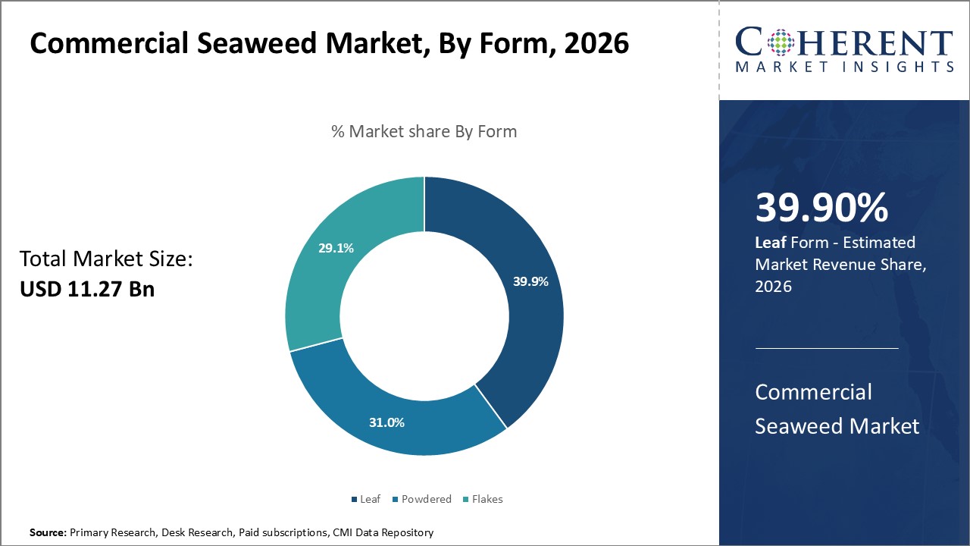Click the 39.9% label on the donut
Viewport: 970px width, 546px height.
530,281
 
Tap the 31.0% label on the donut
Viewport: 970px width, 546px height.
386,422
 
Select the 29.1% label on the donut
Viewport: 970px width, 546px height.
336,248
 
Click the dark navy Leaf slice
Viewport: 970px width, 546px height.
523,326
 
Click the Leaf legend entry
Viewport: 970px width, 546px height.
366,499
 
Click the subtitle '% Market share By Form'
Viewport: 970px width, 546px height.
424,131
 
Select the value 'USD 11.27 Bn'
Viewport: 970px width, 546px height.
87,289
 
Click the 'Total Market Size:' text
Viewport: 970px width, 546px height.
107,259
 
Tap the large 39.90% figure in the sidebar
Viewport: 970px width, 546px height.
821,208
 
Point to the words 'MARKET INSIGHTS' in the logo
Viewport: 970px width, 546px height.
844,67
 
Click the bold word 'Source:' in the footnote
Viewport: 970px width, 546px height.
48,533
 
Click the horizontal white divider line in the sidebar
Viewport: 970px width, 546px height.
827,348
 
